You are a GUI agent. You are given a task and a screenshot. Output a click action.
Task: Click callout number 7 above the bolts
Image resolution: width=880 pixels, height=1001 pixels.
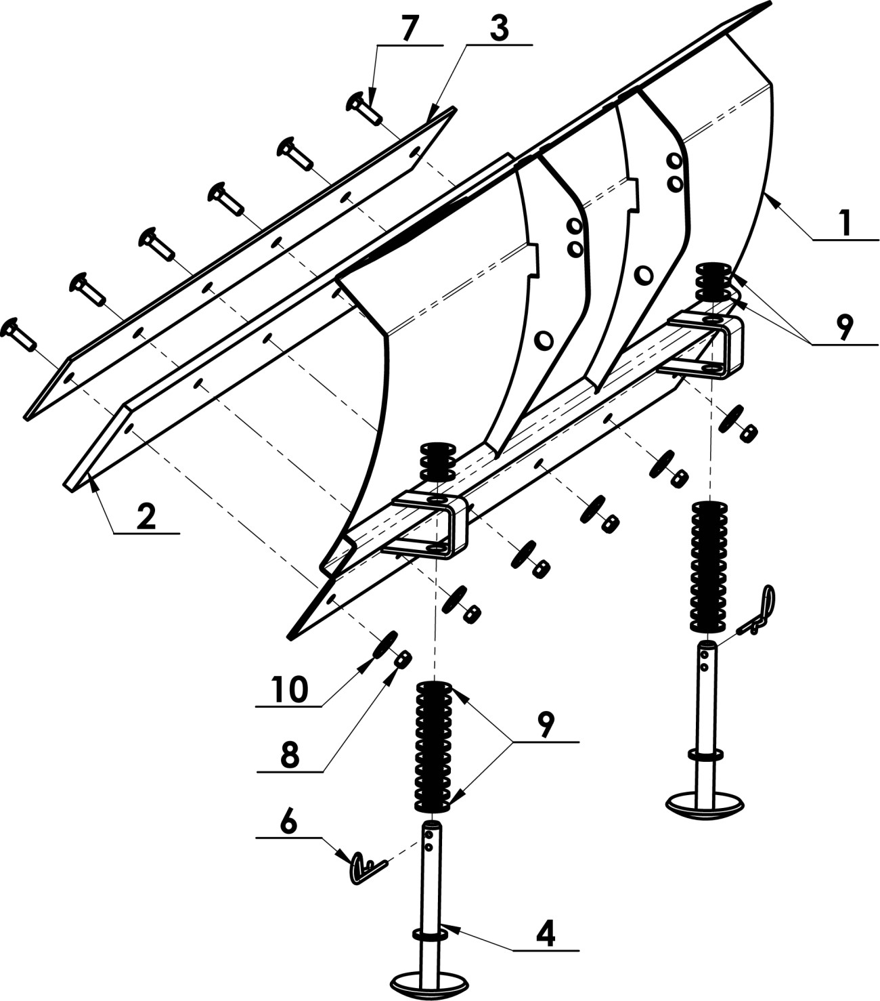pyautogui.click(x=410, y=28)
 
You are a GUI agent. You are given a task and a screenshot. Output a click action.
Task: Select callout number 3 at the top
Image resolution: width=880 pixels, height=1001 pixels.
pyautogui.click(x=500, y=28)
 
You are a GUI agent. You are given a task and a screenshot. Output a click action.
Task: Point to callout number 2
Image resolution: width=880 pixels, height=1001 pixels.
pyautogui.click(x=147, y=517)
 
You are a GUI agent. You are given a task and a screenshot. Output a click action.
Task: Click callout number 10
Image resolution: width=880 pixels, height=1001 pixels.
pyautogui.click(x=290, y=689)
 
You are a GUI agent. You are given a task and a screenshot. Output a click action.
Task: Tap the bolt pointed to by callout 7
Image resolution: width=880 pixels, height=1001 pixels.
pyautogui.click(x=364, y=109)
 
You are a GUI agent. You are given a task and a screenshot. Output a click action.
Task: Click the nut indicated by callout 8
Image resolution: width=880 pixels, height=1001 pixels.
pyautogui.click(x=403, y=660)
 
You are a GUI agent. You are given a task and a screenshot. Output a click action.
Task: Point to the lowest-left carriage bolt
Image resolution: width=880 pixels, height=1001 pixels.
pyautogui.click(x=18, y=335)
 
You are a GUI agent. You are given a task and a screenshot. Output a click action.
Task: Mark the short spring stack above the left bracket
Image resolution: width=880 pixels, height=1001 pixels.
pyautogui.click(x=437, y=461)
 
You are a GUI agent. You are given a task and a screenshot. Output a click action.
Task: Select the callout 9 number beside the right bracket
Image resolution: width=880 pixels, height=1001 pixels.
pyautogui.click(x=844, y=327)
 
